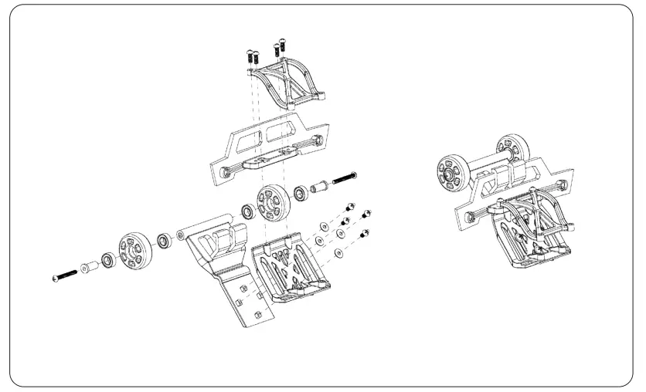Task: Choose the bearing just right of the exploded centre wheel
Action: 301,191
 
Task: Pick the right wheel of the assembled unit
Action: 510,147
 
